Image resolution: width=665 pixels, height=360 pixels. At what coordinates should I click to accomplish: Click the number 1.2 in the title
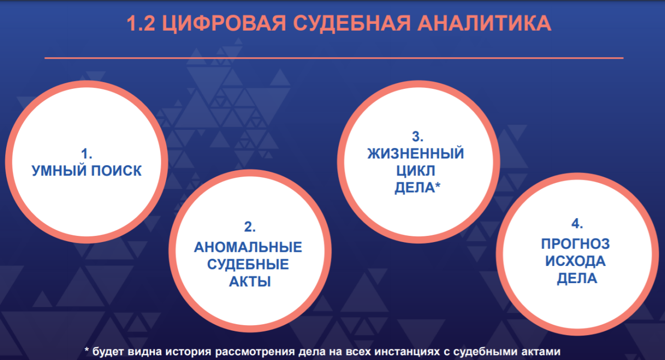coord(141,23)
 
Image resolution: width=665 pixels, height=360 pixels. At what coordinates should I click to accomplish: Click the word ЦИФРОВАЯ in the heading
coord(224,24)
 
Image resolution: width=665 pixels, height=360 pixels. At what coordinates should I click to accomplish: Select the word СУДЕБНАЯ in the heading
coord(352,24)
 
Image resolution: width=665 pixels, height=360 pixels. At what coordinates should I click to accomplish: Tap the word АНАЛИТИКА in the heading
coord(485,23)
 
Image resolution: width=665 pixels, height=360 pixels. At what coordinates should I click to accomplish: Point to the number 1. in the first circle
coord(87,154)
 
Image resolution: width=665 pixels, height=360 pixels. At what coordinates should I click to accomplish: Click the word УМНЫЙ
coord(58,171)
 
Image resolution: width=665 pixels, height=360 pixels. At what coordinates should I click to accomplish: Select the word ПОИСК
coord(116,171)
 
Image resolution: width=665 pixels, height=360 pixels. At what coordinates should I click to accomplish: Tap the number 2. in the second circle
coord(250,227)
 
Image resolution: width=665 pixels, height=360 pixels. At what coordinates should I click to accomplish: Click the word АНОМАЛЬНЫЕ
coord(248,247)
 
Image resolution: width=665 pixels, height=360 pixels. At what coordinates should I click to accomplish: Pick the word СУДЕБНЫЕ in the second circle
coord(248,264)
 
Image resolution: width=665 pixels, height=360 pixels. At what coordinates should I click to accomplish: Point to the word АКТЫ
coord(250,282)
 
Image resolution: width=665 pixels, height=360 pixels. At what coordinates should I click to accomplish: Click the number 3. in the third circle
coord(418,137)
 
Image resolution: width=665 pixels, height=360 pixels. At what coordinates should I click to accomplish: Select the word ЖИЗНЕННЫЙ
coord(416,153)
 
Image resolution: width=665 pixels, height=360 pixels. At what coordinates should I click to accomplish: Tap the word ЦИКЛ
coord(416,171)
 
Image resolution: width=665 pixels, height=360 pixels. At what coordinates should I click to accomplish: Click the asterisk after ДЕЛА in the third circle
coord(437,186)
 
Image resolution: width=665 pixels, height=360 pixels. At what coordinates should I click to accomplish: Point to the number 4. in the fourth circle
coord(577,223)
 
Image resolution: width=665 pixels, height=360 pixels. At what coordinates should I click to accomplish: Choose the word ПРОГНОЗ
coord(575,244)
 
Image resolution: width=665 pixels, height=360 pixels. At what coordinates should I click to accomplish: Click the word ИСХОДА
coord(575,261)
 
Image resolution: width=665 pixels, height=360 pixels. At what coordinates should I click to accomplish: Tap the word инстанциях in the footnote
coord(407,352)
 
